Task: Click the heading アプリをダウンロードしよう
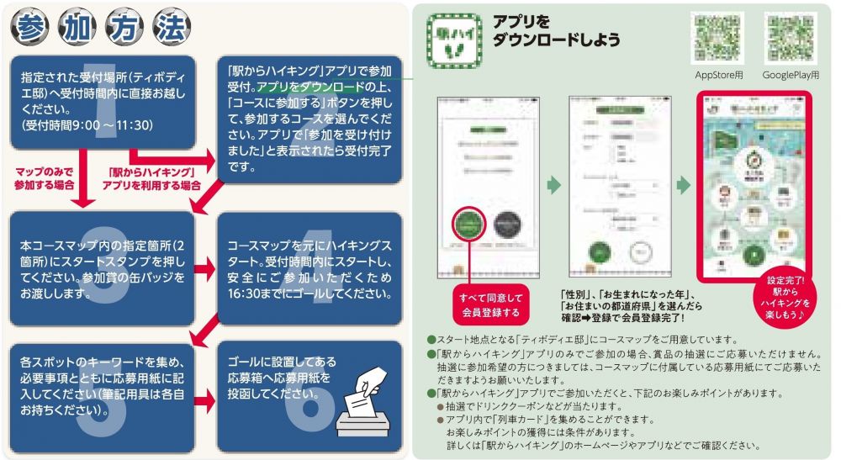[557, 31]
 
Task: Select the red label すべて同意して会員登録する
[490, 305]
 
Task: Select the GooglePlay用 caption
[791, 76]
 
